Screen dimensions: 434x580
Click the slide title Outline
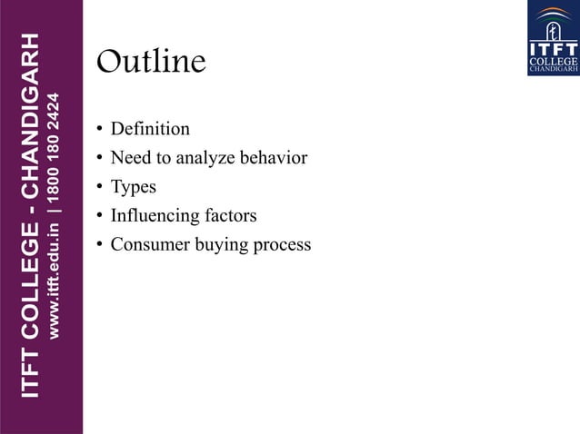tap(151, 62)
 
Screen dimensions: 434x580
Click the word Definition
tap(150, 129)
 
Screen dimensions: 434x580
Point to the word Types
tap(134, 187)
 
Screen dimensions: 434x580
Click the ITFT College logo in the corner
tap(552, 38)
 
